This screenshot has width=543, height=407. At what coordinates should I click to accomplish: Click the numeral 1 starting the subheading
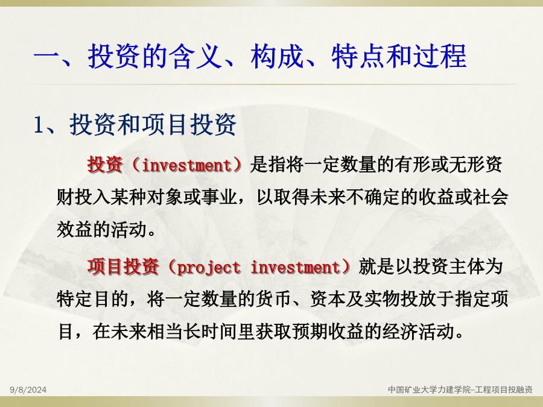(39, 125)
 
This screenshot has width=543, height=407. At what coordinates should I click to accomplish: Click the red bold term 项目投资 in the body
(123, 267)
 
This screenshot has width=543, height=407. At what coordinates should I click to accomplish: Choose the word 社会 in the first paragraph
(491, 197)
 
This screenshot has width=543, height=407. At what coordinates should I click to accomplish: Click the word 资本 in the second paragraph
(328, 299)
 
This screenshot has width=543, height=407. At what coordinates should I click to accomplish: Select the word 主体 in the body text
(466, 267)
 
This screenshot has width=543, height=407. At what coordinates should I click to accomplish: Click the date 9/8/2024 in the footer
(28, 390)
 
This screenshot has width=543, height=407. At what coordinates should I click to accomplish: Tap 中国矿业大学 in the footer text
(408, 390)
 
